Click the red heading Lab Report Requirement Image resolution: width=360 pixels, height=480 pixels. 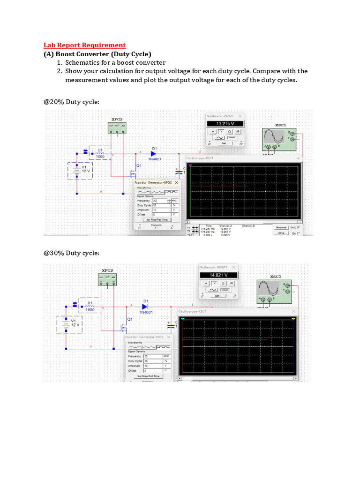84,45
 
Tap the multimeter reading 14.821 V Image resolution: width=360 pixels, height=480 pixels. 218,275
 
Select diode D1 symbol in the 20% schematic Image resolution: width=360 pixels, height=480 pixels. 153,153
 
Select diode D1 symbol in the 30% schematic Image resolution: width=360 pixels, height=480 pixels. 144,307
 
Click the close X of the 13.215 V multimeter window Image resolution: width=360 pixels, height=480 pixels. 240,116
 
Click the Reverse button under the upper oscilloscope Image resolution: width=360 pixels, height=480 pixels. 281,227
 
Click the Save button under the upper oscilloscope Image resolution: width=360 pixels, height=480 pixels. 281,232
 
